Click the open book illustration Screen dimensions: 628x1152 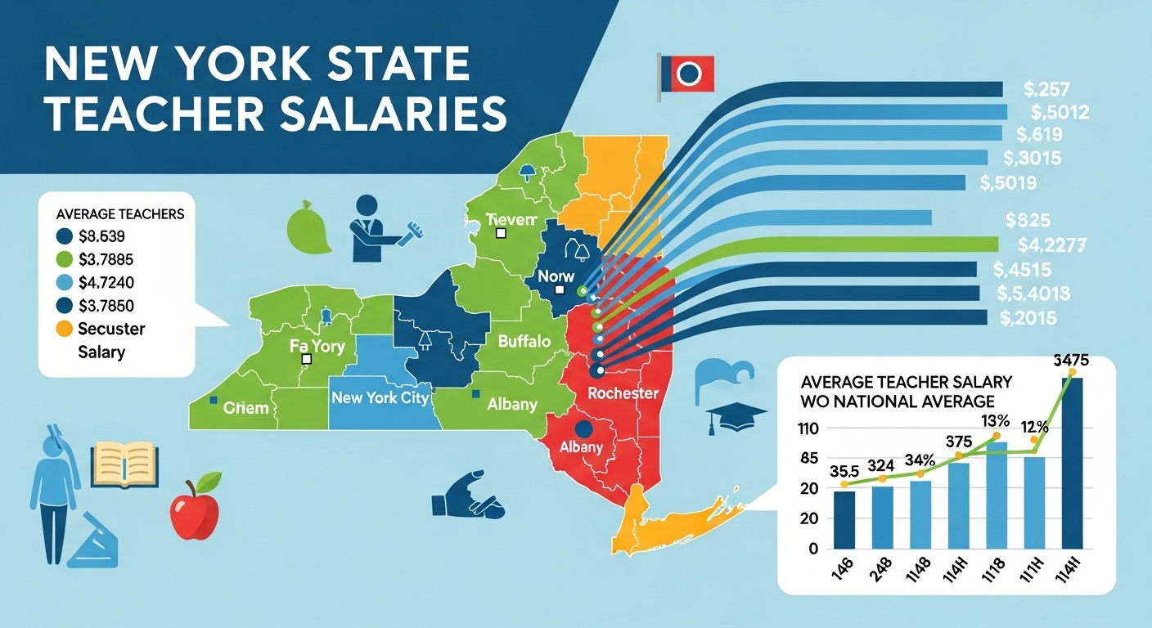[x=123, y=464]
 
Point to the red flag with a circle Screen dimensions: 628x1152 [x=688, y=74]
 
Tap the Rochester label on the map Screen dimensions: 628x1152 [x=623, y=393]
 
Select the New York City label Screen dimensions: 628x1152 [x=380, y=398]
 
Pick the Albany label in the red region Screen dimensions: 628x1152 [x=581, y=446]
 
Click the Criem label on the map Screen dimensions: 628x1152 [x=245, y=406]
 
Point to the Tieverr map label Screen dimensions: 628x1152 [x=512, y=219]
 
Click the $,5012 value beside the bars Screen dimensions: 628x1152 [x=1060, y=112]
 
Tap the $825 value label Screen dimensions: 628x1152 [x=1028, y=219]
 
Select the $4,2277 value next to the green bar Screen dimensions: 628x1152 [x=1052, y=243]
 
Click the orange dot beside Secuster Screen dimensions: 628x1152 [x=65, y=330]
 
